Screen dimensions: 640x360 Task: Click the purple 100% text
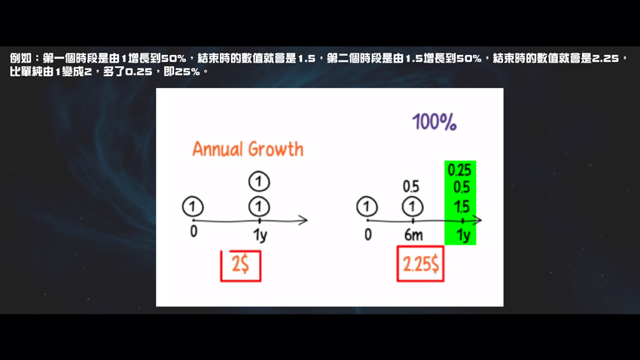434,122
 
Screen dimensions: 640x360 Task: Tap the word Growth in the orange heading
276,149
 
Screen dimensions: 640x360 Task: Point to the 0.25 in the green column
459,169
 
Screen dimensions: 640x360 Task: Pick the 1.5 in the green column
462,206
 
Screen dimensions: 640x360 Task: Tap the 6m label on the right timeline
413,235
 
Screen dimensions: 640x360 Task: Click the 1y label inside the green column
463,235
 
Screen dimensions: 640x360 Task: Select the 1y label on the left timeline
260,235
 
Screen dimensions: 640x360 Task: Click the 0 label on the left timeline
194,231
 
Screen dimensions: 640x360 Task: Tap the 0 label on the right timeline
368,235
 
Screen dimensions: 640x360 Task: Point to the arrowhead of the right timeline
478,221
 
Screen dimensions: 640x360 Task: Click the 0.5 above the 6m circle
411,187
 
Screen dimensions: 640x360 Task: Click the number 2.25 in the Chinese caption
605,58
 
